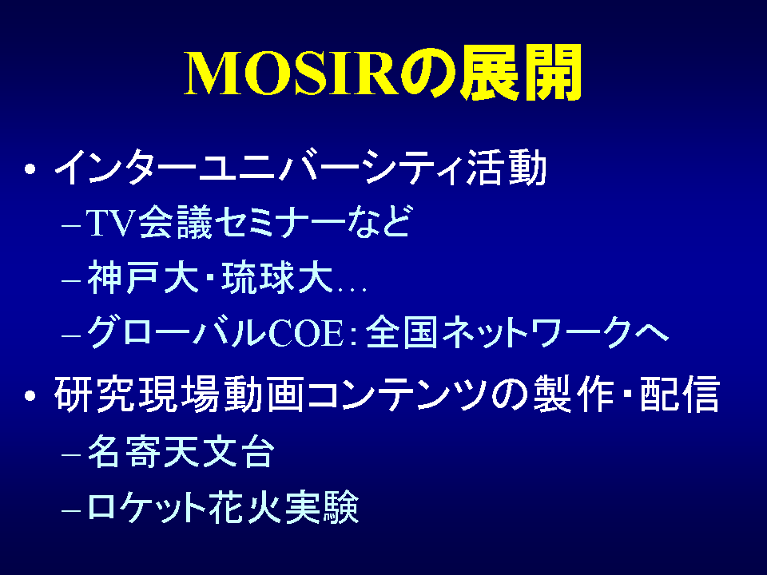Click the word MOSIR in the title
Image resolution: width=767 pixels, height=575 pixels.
292,73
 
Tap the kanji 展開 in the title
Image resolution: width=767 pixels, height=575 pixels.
522,73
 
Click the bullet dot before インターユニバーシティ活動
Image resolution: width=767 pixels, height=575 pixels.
30,169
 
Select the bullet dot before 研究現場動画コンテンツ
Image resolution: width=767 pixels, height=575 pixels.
30,395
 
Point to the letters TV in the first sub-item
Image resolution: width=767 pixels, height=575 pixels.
110,223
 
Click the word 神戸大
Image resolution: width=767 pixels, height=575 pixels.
143,277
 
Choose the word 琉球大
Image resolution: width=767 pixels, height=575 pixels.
277,277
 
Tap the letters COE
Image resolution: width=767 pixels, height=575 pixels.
306,333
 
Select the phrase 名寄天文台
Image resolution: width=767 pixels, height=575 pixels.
181,450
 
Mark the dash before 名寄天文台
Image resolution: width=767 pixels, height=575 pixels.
71,454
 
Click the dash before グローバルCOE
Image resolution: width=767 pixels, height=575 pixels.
71,335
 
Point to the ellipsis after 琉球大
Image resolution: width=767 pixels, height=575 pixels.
352,290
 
